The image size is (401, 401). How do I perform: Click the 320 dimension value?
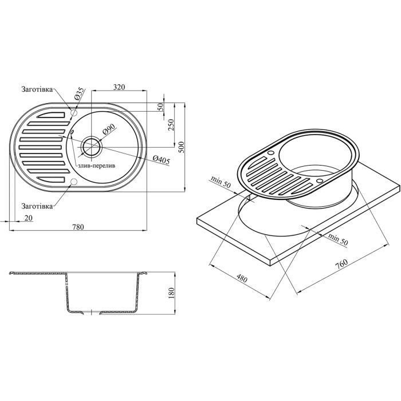coord(119,87)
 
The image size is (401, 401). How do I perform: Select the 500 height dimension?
coord(182,147)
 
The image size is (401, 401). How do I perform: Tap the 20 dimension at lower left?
coord(27,218)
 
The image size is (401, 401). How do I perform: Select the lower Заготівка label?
coord(37,205)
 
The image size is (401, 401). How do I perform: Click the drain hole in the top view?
coord(91,147)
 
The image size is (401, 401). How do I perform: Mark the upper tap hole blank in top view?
coord(73,113)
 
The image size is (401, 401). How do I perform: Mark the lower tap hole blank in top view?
coord(73,182)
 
